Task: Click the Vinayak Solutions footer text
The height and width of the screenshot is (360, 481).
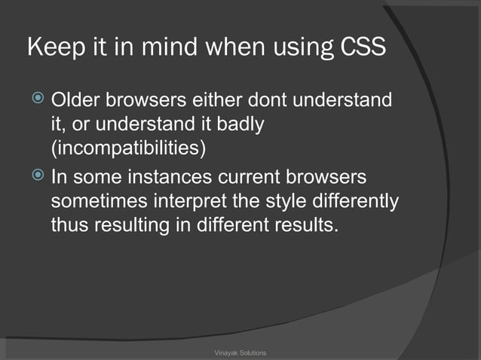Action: (x=240, y=352)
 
